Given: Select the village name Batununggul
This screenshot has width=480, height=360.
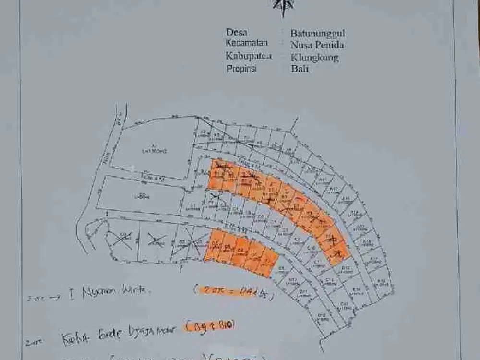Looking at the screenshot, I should [317, 34].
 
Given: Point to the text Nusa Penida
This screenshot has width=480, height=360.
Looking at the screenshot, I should [316, 45].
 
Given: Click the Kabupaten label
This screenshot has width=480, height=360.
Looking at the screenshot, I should [249, 56].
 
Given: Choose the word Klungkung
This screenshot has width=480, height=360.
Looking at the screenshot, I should [314, 58].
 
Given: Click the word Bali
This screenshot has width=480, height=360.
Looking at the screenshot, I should [300, 69].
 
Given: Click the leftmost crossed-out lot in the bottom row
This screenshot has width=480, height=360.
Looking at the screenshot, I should [122, 239].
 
